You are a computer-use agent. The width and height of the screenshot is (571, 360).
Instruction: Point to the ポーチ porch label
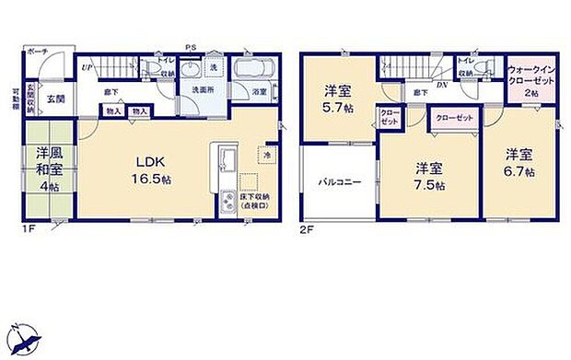tap(38, 52)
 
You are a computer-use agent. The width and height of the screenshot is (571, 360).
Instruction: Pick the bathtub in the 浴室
tap(252, 69)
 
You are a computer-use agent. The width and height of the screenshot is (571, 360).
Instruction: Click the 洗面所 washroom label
tap(204, 89)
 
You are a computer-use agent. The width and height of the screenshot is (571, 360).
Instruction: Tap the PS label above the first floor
tap(191, 47)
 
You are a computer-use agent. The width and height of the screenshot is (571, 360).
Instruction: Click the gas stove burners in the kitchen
tap(227, 202)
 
